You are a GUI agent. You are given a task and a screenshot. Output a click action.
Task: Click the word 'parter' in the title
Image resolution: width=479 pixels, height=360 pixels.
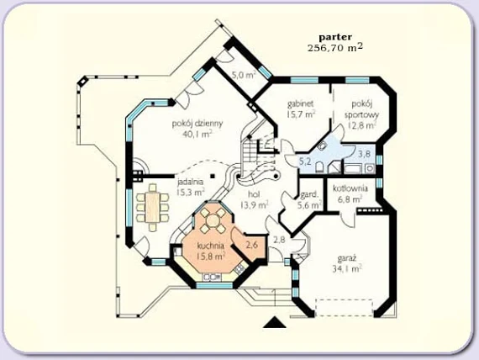coord(335,37)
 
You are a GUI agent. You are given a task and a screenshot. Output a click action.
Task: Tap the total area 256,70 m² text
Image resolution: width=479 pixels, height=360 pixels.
coord(335,48)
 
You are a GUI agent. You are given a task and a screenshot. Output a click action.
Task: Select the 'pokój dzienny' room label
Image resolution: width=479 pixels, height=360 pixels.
coord(197,124)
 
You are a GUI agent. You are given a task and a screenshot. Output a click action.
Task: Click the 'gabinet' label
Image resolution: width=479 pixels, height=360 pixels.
coord(301,103)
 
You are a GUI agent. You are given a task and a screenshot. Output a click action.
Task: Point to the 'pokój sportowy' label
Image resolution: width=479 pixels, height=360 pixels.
coord(361,109)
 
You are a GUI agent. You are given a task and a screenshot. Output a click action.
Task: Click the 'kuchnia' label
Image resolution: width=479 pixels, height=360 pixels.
coord(211,246)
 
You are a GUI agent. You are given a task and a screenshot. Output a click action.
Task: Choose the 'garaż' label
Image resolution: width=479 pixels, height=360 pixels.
coord(347,258)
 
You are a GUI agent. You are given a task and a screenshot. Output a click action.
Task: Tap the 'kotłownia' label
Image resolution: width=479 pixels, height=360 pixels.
coord(350,188)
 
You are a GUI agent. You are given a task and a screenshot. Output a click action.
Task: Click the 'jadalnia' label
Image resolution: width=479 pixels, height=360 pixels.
coord(190,182)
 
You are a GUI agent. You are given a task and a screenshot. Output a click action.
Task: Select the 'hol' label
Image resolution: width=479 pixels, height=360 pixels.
coord(254,194)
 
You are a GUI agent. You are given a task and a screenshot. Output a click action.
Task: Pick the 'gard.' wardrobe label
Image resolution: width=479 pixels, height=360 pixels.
coord(310,195)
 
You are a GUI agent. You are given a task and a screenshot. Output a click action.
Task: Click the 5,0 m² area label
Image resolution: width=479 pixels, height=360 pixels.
coord(243,75)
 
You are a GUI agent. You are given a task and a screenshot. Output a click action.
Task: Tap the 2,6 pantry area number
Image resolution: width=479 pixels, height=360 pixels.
coord(252,244)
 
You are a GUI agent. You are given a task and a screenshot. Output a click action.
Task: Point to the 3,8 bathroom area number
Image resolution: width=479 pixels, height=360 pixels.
coord(364,154)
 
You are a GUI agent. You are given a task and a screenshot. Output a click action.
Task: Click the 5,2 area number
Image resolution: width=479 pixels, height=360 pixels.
coord(304,161)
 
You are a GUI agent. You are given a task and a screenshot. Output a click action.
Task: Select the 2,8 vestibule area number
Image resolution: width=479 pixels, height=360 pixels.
coord(279,240)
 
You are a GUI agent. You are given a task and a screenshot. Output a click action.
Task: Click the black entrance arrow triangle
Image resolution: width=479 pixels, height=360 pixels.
coord(275,323)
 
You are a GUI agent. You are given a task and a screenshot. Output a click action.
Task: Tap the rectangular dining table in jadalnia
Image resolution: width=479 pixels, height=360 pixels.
coord(153,207)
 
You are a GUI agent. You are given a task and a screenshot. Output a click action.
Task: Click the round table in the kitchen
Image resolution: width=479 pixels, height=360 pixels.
coord(213,220)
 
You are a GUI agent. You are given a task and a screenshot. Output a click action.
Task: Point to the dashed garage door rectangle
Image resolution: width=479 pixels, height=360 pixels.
coord(344,308)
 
